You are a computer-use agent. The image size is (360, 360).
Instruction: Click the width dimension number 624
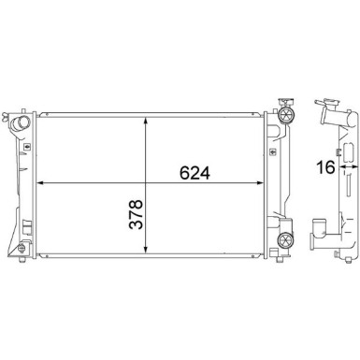click(x=194, y=173)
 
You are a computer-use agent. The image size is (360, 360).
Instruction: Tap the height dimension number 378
click(x=137, y=214)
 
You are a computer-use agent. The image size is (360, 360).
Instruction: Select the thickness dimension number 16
click(x=325, y=167)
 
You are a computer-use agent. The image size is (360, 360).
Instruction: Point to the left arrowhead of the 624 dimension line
click(x=41, y=183)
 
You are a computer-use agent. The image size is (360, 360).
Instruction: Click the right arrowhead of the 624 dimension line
click(x=260, y=183)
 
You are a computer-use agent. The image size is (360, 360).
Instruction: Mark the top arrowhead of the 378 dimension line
click(x=146, y=122)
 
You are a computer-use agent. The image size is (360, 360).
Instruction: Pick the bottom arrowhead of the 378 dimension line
click(x=146, y=248)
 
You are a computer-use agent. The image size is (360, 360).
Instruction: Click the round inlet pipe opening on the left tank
click(x=21, y=122)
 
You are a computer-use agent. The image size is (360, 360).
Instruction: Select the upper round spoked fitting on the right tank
click(x=286, y=115)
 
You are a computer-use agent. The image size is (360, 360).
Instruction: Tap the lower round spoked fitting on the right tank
click(x=286, y=240)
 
